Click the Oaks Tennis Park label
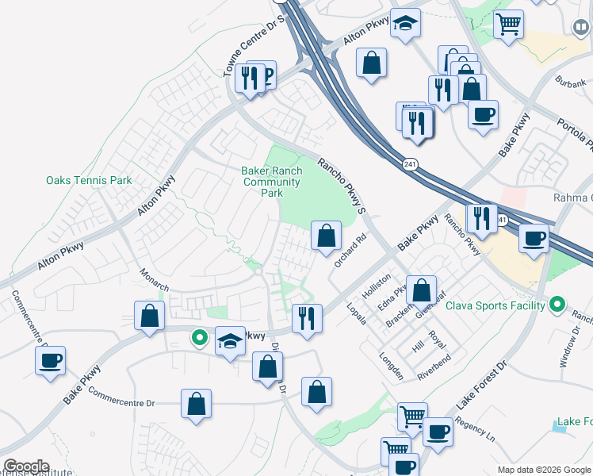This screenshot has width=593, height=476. (89, 180)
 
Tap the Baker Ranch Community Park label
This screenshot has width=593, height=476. (272, 182)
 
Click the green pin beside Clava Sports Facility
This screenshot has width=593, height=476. (557, 305)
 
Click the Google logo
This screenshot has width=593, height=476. (26, 466)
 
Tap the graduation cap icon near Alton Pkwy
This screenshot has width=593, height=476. (406, 24)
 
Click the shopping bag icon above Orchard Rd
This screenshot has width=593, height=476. (326, 236)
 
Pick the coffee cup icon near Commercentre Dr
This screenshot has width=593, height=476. (51, 361)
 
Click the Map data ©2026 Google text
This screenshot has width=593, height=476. (544, 470)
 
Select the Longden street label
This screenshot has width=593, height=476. (393, 366)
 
